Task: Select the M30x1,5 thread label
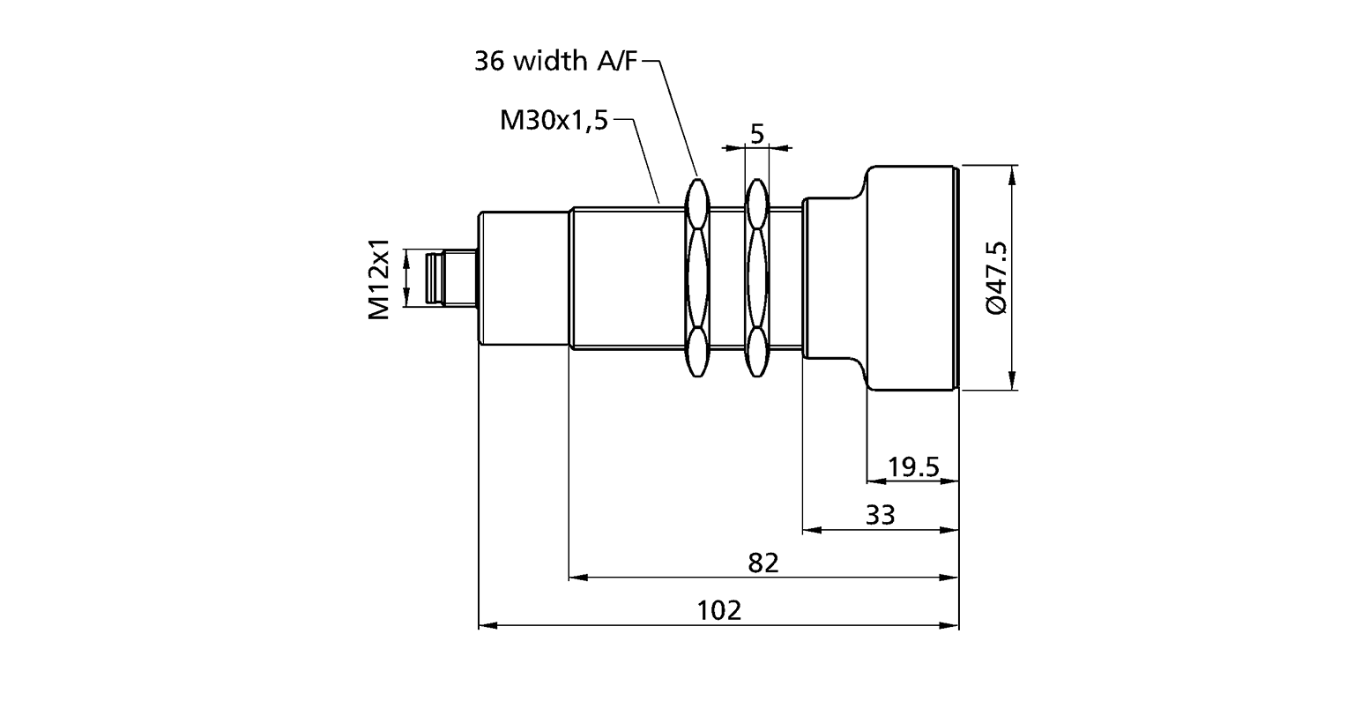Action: (x=554, y=121)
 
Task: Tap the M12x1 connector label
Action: (x=380, y=279)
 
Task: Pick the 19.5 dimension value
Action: (x=913, y=466)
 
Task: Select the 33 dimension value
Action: (x=880, y=514)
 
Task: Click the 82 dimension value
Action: (x=763, y=563)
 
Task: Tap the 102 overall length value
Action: (x=718, y=610)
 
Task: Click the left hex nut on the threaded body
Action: (x=697, y=279)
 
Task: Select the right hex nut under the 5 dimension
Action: (x=756, y=279)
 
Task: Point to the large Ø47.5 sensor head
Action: (x=911, y=279)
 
